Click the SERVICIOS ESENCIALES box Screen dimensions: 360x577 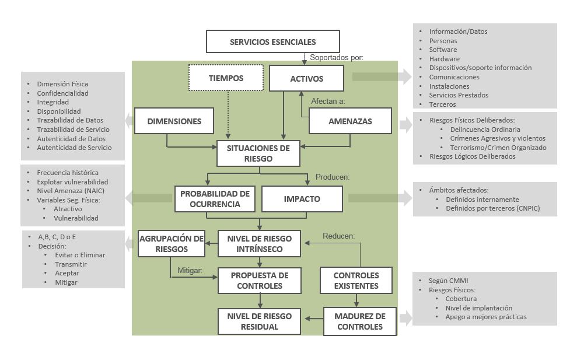click(x=272, y=42)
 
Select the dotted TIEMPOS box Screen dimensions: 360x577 click(x=226, y=78)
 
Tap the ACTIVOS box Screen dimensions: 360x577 click(x=306, y=78)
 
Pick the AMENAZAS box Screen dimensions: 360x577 click(x=350, y=122)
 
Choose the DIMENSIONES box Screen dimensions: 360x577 click(x=174, y=121)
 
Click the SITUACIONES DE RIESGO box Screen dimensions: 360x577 click(x=259, y=153)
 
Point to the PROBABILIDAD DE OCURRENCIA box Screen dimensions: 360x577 click(x=215, y=199)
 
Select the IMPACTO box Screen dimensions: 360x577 click(x=302, y=199)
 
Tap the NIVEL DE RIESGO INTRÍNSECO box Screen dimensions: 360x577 click(x=259, y=243)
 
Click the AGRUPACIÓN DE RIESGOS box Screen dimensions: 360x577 click(x=172, y=243)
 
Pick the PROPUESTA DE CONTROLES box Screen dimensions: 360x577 click(x=259, y=281)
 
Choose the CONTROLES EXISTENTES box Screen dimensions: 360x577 click(x=356, y=281)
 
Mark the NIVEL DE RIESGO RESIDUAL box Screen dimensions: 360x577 click(x=259, y=321)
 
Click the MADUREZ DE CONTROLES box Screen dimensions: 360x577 click(x=359, y=321)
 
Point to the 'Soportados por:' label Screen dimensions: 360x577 click(x=337, y=57)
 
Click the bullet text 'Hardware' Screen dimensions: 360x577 click(x=444, y=59)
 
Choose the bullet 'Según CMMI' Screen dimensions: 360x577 click(x=448, y=281)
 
